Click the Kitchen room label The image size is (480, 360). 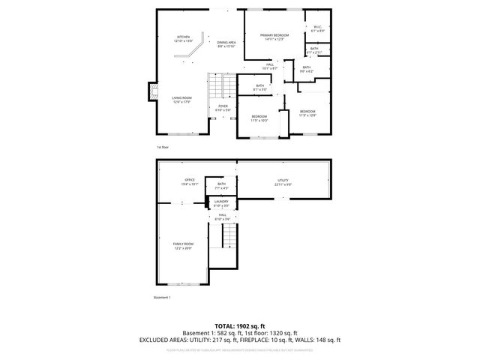pyautogui.click(x=183, y=39)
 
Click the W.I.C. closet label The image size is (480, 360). pyautogui.click(x=317, y=29)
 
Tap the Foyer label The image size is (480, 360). pyautogui.click(x=223, y=108)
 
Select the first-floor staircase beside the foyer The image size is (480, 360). pyautogui.click(x=218, y=87)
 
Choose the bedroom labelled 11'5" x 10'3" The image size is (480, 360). pyautogui.click(x=259, y=118)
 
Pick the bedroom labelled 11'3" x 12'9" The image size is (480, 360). pyautogui.click(x=308, y=113)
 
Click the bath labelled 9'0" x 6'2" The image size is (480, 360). pyautogui.click(x=307, y=69)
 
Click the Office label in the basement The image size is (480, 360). pyautogui.click(x=190, y=181)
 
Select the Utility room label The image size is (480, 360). pyautogui.click(x=283, y=181)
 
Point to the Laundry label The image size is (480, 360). pyautogui.click(x=221, y=203)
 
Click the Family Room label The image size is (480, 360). pyautogui.click(x=183, y=245)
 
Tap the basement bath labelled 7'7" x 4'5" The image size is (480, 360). pyautogui.click(x=221, y=186)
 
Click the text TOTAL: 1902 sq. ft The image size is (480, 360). pyautogui.click(x=239, y=326)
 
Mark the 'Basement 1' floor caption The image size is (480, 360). pyautogui.click(x=163, y=298)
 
